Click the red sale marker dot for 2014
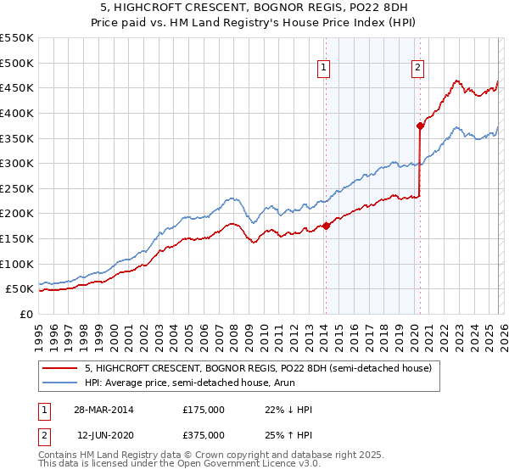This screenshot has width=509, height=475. tap(326, 226)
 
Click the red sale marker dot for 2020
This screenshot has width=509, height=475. tap(420, 126)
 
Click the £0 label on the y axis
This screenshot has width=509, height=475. tap(25, 314)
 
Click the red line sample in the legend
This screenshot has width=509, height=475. tap(60, 368)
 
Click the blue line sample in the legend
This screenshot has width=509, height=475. tap(60, 383)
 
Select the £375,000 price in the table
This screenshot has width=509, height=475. tap(204, 434)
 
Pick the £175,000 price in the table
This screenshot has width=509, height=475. tap(204, 410)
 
